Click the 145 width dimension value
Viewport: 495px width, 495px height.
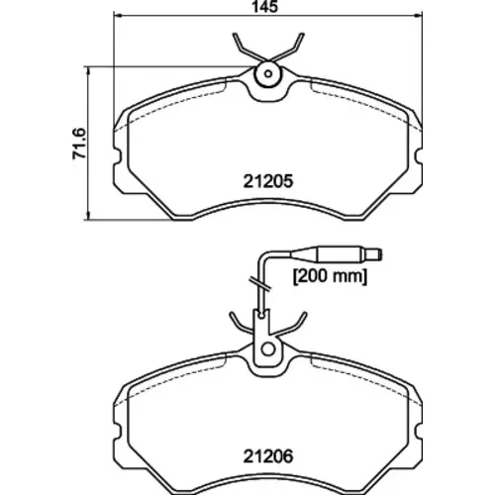point(265,7)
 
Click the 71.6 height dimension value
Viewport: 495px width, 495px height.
point(79,144)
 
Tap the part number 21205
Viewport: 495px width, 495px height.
point(268,181)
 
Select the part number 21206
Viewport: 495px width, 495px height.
point(268,456)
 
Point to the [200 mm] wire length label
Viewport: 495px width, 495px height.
point(330,276)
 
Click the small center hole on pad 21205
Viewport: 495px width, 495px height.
point(268,73)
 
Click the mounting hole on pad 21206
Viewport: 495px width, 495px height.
point(268,349)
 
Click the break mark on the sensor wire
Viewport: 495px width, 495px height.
point(260,284)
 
